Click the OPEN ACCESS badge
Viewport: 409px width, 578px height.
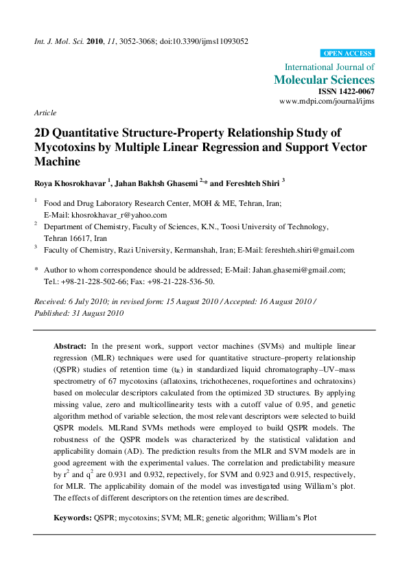tap(347, 53)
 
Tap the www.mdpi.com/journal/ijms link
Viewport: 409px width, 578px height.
tap(327, 101)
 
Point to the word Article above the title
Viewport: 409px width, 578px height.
tap(45, 113)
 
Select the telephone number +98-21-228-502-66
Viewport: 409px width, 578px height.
tap(89, 281)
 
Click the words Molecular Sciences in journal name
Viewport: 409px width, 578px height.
tap(325, 80)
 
